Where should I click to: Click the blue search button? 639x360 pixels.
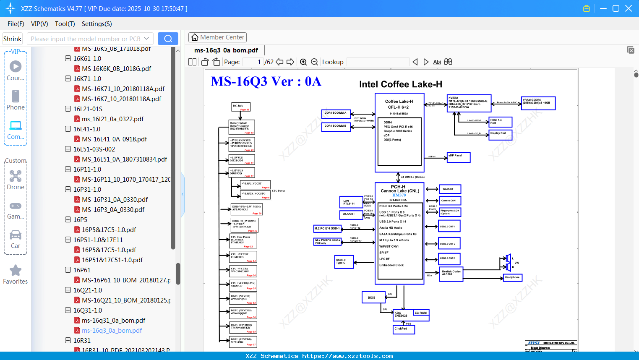[168, 39]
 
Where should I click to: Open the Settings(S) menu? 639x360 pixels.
[97, 24]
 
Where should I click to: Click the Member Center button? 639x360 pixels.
[217, 37]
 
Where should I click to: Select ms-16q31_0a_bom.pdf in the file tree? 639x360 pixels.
[113, 321]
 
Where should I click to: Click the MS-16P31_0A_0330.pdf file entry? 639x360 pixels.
[115, 200]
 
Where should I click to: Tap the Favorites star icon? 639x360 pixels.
[16, 271]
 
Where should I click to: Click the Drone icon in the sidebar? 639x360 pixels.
[16, 177]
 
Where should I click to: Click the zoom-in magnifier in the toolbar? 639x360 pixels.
[303, 62]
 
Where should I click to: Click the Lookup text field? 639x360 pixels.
[378, 62]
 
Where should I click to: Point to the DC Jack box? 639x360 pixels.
[241, 107]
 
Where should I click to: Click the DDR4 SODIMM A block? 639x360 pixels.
[336, 114]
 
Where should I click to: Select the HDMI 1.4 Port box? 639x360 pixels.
[500, 122]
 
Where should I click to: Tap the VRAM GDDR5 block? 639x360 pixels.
[538, 103]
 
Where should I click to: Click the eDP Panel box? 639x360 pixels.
[458, 157]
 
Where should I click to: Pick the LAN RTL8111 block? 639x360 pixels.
[350, 202]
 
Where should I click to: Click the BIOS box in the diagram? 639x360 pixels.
[373, 297]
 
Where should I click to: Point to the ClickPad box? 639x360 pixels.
[403, 329]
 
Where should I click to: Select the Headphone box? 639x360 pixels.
[512, 278]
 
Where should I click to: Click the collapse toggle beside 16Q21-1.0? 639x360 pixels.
[68, 290]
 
